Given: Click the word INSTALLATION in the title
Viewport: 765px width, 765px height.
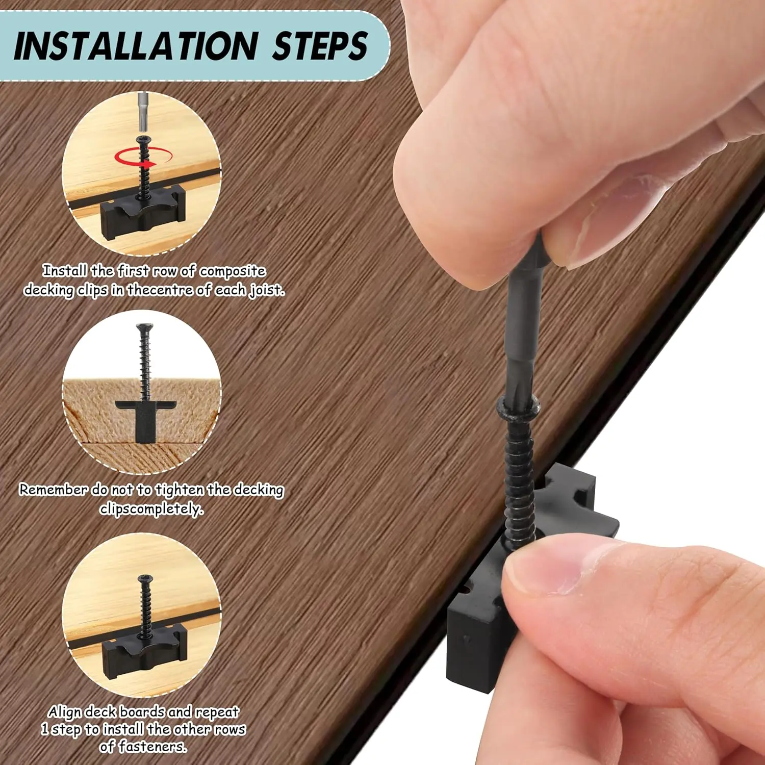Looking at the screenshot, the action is (136, 46).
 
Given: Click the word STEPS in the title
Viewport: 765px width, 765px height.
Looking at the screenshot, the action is (320, 46).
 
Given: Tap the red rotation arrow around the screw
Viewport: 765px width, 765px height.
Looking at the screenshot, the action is (143, 157).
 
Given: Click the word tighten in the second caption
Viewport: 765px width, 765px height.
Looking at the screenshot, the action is (180, 490).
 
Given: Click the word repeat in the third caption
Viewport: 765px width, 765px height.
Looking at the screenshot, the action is (217, 712).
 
